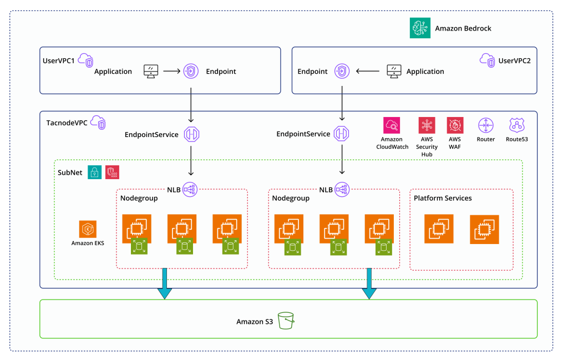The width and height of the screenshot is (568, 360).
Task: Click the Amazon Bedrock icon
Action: (x=420, y=28)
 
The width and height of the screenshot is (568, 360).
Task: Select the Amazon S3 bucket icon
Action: (x=286, y=321)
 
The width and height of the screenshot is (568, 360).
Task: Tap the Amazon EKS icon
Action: (x=88, y=229)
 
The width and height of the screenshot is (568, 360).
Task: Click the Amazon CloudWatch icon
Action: (x=392, y=125)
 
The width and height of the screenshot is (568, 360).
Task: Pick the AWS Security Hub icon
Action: (x=427, y=125)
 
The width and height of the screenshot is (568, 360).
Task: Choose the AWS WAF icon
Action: (x=455, y=125)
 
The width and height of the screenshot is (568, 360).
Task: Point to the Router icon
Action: (x=485, y=125)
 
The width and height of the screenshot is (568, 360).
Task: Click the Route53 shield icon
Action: (x=517, y=125)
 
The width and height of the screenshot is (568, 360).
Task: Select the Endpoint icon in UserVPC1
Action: (x=191, y=71)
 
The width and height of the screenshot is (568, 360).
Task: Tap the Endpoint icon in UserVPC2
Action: (x=342, y=71)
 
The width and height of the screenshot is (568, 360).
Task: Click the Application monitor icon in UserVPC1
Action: (x=150, y=71)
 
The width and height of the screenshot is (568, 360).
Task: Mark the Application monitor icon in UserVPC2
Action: (x=393, y=71)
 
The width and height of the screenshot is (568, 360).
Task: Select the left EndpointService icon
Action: (x=191, y=134)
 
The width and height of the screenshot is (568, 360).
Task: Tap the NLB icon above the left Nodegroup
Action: (x=191, y=189)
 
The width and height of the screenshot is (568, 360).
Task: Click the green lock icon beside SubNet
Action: (x=94, y=172)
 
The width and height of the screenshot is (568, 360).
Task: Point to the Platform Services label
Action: (x=443, y=198)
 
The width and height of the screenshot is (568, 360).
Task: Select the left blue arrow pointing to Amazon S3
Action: (x=164, y=285)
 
